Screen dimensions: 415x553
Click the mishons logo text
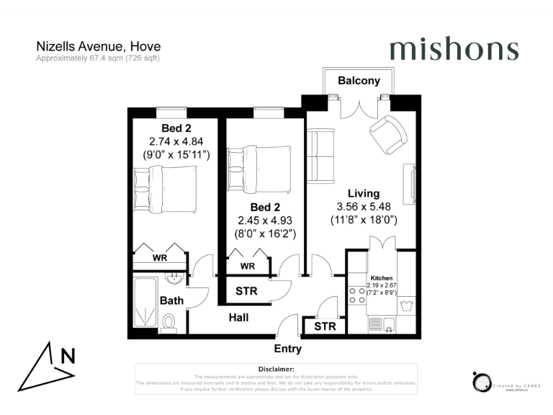(x=454, y=49)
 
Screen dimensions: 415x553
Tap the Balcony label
(x=359, y=81)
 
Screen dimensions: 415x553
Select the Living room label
(x=363, y=193)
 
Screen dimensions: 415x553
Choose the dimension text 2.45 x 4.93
(x=267, y=220)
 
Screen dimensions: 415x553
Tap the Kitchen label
(x=381, y=277)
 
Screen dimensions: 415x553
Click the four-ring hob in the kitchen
(x=356, y=294)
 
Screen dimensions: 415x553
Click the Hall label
(x=238, y=317)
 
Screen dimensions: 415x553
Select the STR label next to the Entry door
(x=325, y=326)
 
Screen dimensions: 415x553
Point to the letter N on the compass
(x=68, y=355)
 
